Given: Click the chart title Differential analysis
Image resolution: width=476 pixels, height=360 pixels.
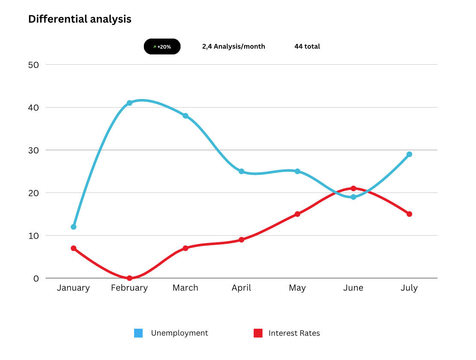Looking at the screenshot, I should point(80,19).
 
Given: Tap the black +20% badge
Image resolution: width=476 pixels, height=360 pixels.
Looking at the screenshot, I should point(162,47).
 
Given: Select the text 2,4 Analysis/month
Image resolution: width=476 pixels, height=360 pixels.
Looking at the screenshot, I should point(234,47).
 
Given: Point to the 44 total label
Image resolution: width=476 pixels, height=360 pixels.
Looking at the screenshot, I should point(307,47).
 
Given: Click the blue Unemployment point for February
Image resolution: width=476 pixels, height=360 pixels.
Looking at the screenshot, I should point(129,103).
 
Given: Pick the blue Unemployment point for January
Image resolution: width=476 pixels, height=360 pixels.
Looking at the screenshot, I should point(74,227).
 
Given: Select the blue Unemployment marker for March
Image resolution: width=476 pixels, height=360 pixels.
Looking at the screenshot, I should point(186,116).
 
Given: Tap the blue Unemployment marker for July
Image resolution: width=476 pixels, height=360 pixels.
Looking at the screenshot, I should point(409,154).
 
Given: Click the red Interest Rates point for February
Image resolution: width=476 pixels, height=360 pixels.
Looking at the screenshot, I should point(129,278).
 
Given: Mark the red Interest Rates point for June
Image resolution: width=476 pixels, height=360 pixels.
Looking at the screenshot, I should point(353,189).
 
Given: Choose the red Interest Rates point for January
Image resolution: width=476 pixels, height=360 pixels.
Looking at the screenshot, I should point(74,248).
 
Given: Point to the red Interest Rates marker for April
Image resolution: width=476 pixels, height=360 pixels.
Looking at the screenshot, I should point(242,240).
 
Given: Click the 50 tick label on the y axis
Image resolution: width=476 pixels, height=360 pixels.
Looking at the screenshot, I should point(33,65).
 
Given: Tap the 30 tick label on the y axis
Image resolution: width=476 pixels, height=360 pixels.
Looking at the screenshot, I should point(33,150).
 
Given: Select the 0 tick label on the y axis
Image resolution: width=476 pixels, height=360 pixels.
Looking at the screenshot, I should point(36,279).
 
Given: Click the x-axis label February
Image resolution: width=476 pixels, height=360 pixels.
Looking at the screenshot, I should point(129,288).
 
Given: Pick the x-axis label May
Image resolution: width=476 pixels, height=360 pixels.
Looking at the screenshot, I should point(297,288).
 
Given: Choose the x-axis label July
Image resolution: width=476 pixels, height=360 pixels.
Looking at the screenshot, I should point(409,288).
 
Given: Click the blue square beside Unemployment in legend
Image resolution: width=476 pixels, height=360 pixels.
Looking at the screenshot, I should point(138,333).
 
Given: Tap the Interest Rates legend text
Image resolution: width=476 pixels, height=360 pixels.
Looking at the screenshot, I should point(294,333).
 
